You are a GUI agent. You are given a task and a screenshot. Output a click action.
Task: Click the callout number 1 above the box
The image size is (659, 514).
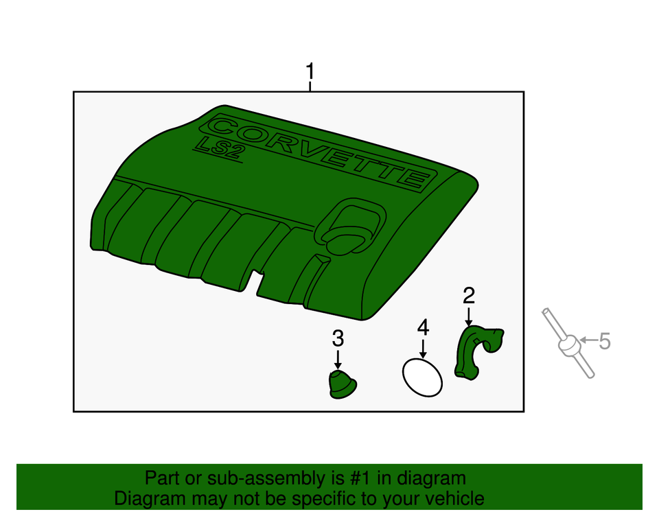310,71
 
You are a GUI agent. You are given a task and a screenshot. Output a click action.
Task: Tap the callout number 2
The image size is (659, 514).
469,296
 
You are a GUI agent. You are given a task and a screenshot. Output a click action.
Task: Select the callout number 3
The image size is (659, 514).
338,338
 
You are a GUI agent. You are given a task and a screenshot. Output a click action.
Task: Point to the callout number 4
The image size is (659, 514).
424,327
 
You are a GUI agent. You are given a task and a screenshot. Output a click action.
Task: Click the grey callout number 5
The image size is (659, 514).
604,341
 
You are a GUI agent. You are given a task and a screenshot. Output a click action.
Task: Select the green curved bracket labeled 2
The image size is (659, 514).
473,350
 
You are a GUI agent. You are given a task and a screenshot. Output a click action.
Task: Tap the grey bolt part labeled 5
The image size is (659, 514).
568,344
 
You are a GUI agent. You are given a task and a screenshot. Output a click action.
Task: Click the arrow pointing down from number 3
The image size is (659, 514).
338,359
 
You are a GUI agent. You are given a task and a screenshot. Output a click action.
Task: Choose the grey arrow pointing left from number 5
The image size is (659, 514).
588,340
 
